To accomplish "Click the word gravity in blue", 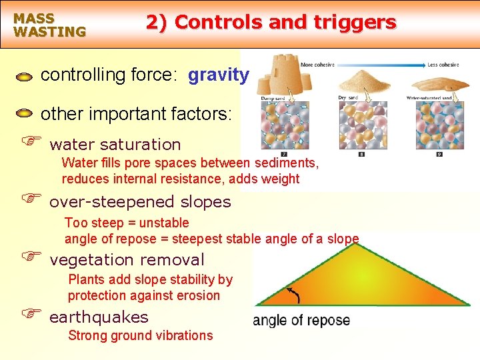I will point(219,75).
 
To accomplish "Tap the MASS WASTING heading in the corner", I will point(49,25).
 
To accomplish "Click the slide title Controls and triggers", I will point(271,22).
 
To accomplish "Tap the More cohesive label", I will point(316,65).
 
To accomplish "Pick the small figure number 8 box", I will point(361,154).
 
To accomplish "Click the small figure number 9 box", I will point(439,154).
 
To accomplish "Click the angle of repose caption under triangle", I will point(301,321).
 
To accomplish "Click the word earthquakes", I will point(99,317).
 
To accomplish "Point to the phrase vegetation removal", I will point(127,259).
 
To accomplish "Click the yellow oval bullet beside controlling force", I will point(24,77).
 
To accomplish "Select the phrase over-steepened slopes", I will point(140,201).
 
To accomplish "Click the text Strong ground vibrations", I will point(140,335).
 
